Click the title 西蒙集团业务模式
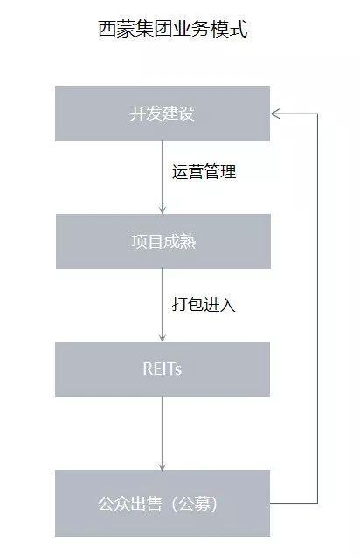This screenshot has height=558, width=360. [x=173, y=29]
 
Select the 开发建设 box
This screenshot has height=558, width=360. [x=163, y=114]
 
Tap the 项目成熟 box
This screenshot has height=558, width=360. [x=163, y=241]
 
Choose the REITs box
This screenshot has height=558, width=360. [x=163, y=369]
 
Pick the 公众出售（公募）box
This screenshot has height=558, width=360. [x=163, y=503]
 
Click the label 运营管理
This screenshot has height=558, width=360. [x=204, y=171]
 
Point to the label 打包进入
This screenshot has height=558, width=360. [x=204, y=304]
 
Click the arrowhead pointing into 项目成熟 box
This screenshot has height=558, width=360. [x=163, y=210]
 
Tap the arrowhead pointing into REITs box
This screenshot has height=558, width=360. [x=163, y=338]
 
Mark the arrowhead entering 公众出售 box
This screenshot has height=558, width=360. [x=163, y=465]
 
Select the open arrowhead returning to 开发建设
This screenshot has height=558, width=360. [x=275, y=114]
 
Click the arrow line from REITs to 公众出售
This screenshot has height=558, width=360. [x=163, y=433]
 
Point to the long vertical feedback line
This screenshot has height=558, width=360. [x=317, y=308]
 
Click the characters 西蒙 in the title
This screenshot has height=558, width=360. [x=116, y=29]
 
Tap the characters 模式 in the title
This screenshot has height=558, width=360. [x=229, y=29]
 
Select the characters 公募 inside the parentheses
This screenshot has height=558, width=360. [x=194, y=504]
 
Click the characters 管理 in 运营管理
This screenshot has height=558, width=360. [x=220, y=171]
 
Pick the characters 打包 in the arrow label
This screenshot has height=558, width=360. [x=188, y=304]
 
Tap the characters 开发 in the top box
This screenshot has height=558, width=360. [x=146, y=114]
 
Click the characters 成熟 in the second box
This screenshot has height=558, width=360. [x=180, y=241]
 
